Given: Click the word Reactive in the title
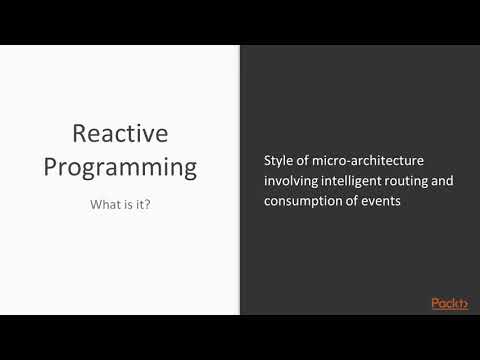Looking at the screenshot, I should pos(120,132).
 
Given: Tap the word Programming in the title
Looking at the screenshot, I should pos(120,165).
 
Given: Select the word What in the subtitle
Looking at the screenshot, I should pos(104,205).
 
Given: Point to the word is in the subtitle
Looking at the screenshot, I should pos(127,205).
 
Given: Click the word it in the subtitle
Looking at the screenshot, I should pos(140,205).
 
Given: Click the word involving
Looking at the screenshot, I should pos(291,181).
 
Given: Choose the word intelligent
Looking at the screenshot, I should pos(355,181).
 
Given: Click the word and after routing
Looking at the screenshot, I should pos(452,181).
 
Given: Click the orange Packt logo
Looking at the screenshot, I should pos(449,303).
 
